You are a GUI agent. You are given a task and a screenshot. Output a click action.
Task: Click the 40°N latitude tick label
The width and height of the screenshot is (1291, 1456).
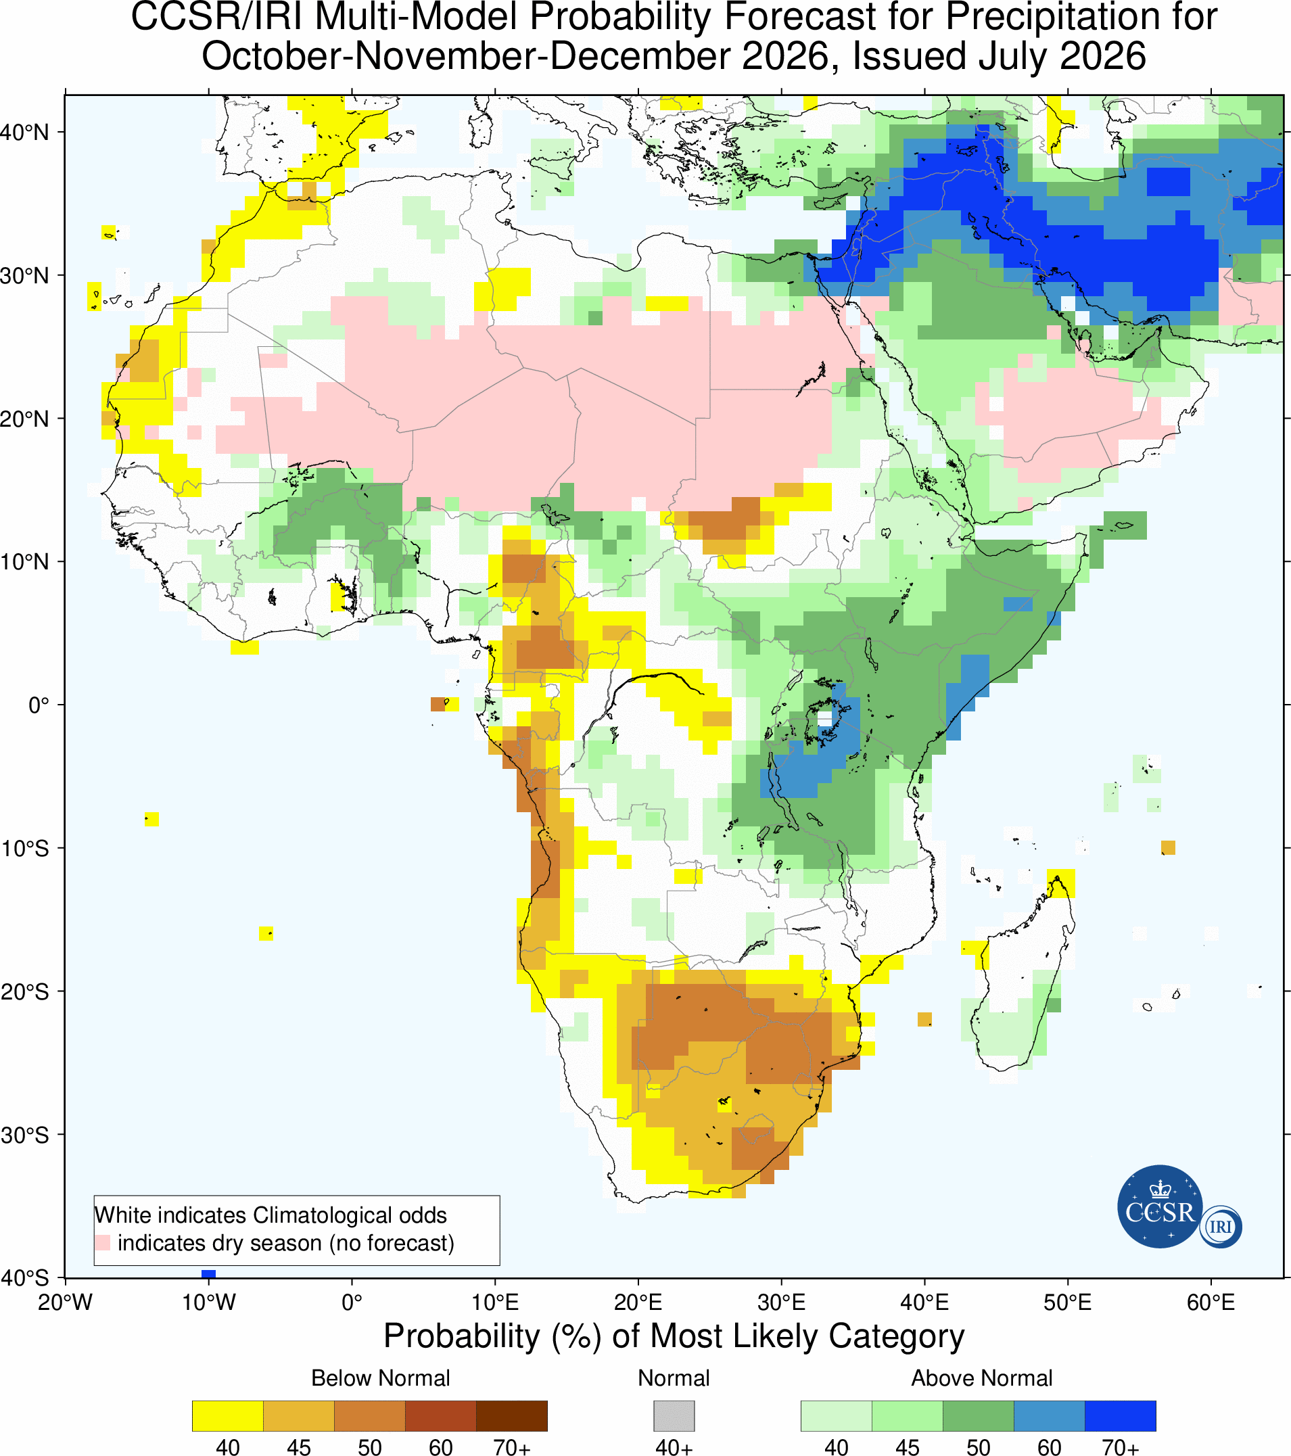(x=24, y=133)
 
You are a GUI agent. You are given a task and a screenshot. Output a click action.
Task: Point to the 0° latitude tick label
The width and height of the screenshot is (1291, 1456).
(x=39, y=705)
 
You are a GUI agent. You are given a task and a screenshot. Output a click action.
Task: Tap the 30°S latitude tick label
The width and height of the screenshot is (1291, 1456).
(x=24, y=1135)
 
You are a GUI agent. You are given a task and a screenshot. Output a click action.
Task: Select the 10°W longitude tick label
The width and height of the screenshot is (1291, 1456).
(x=209, y=1302)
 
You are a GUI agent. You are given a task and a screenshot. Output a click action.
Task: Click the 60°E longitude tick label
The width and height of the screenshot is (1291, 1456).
(x=1211, y=1302)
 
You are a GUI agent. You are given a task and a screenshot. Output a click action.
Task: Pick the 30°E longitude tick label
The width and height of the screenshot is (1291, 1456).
(x=781, y=1302)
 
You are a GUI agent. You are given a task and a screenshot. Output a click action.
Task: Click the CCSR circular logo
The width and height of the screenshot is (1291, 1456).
(x=1160, y=1206)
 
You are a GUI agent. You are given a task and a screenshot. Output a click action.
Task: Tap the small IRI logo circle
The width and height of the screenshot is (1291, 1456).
(x=1221, y=1227)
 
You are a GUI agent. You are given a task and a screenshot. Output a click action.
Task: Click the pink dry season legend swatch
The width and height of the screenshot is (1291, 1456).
(x=103, y=1242)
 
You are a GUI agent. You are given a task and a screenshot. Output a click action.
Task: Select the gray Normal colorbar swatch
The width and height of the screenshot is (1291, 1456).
(x=674, y=1416)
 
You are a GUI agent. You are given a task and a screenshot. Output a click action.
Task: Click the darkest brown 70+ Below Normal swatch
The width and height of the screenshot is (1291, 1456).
(x=511, y=1416)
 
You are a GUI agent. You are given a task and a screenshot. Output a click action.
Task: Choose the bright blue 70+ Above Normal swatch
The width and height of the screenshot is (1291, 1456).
(x=1120, y=1416)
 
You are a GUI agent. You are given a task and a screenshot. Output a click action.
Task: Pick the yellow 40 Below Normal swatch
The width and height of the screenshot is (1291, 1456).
(x=228, y=1416)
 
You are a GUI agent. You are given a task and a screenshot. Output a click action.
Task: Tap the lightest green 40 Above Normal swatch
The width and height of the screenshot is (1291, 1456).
(x=837, y=1416)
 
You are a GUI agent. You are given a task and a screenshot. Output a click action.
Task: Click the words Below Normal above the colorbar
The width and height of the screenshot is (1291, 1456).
(x=381, y=1378)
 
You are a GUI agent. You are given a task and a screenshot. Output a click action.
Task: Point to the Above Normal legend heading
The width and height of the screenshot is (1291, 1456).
(x=982, y=1378)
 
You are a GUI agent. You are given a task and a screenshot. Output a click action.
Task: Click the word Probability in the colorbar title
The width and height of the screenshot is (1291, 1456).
(x=462, y=1336)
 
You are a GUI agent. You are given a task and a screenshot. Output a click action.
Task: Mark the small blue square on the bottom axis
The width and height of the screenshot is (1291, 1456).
(x=209, y=1273)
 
